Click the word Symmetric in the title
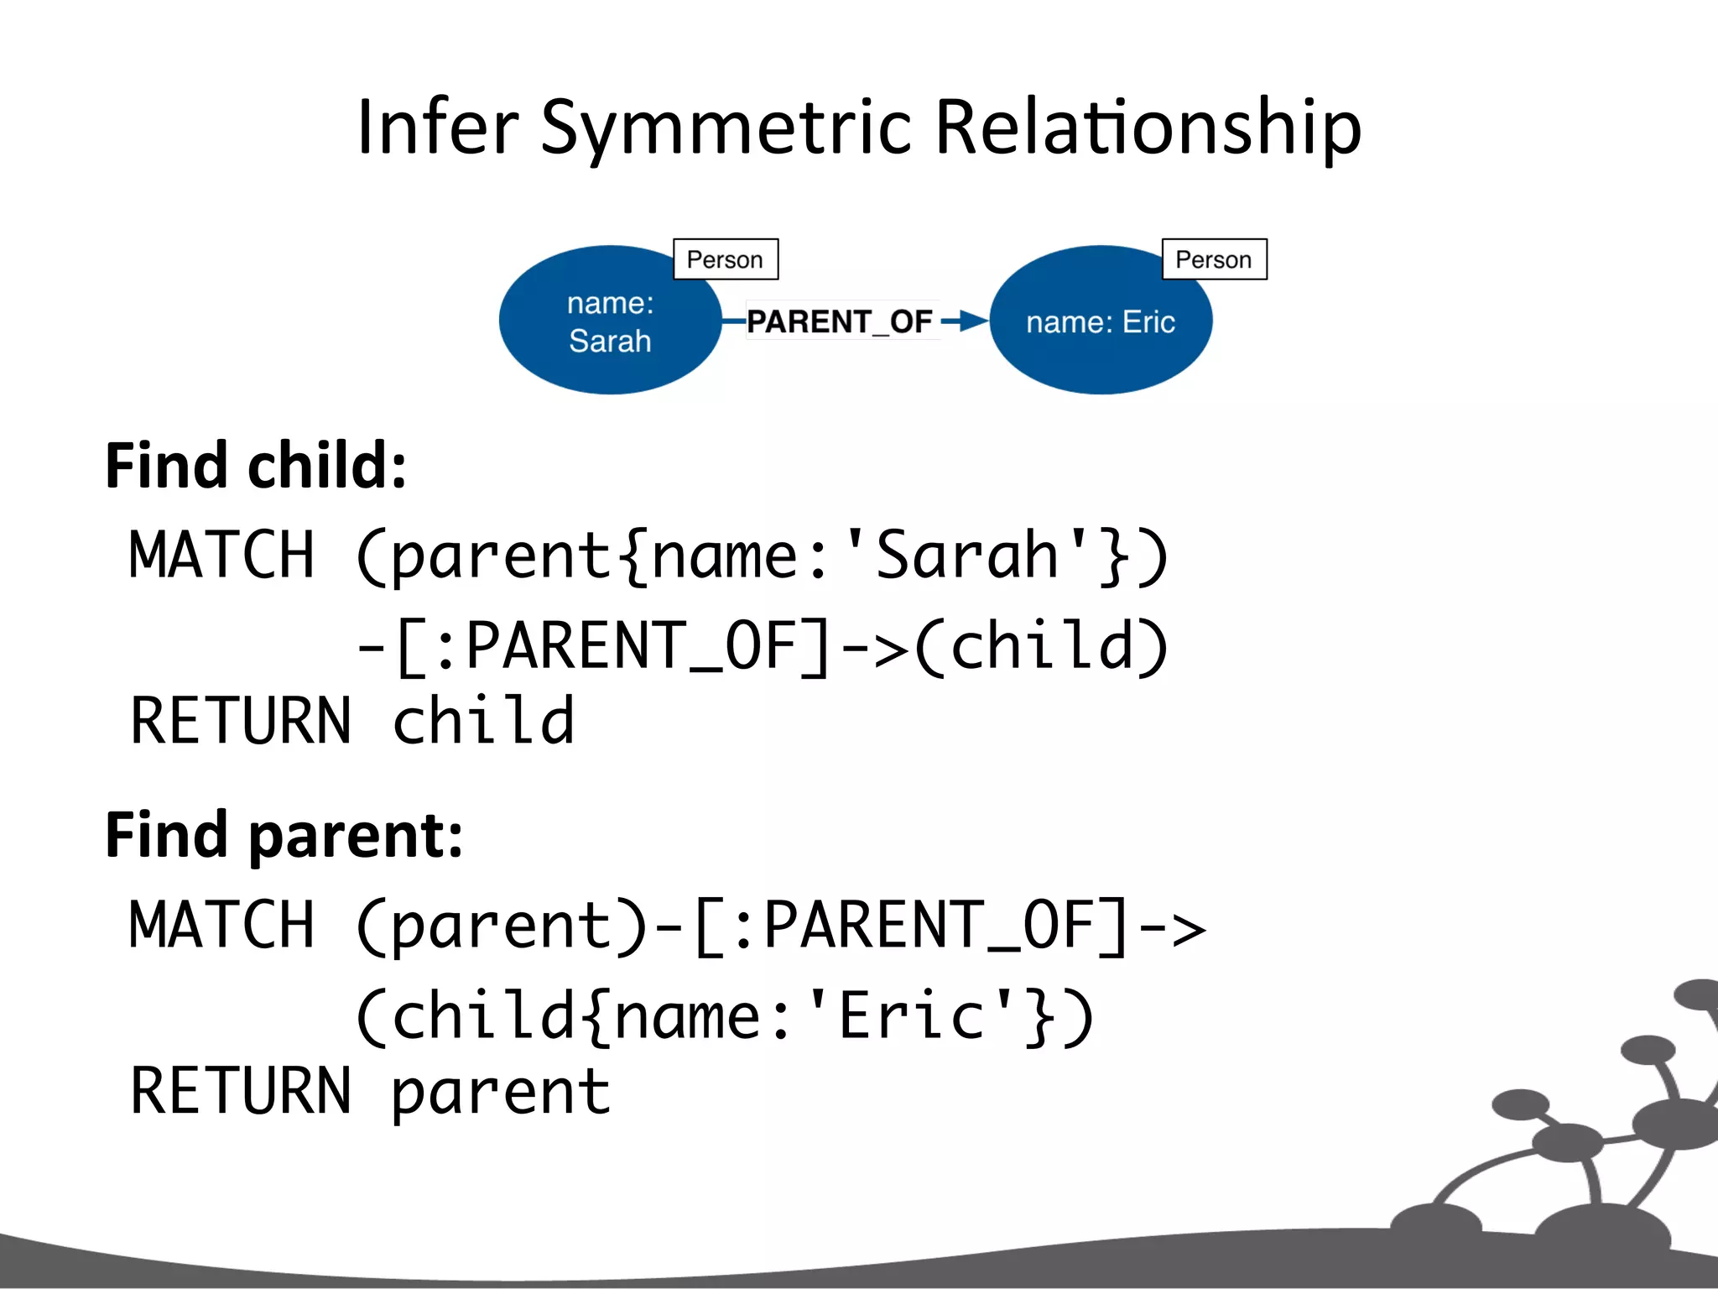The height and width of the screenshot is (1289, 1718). (726, 128)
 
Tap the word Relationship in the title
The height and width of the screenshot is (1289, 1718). (1147, 128)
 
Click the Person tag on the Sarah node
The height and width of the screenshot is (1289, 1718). (725, 259)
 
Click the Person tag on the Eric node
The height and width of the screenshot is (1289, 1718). (1213, 259)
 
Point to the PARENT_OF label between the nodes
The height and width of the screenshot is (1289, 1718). (840, 321)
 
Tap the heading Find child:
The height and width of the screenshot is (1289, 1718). (256, 466)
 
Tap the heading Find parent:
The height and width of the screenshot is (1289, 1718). (284, 836)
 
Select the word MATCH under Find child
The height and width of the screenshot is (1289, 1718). (221, 555)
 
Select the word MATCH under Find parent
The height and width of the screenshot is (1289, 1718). (221, 925)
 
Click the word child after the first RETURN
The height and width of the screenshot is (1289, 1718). (483, 721)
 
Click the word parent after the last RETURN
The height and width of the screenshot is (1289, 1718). (501, 1092)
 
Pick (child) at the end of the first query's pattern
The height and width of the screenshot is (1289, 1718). (1040, 646)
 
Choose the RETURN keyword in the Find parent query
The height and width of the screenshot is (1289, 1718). (241, 1092)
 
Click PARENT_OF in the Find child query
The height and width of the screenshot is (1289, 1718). (631, 646)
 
